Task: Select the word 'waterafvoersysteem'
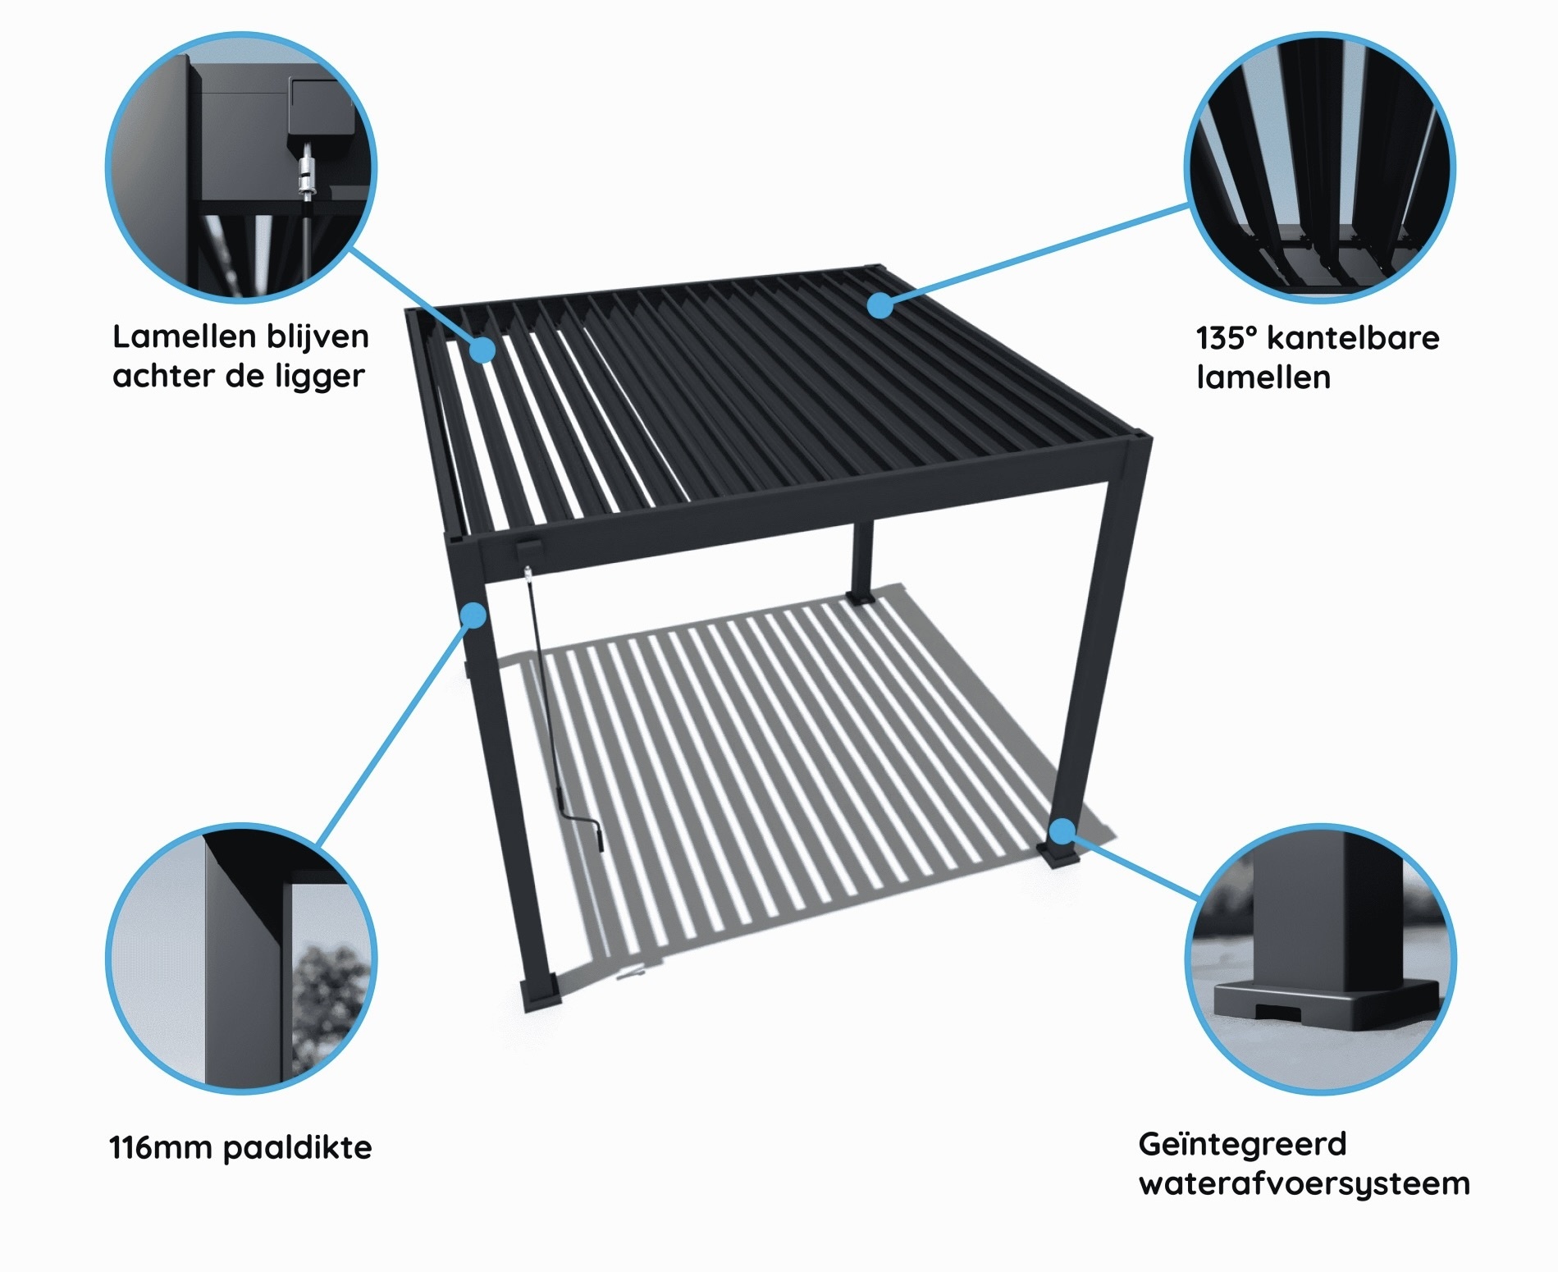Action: click(x=1304, y=1184)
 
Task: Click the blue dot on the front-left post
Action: click(x=474, y=614)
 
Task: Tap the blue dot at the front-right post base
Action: click(x=1062, y=830)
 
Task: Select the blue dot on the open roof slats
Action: click(x=483, y=350)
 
